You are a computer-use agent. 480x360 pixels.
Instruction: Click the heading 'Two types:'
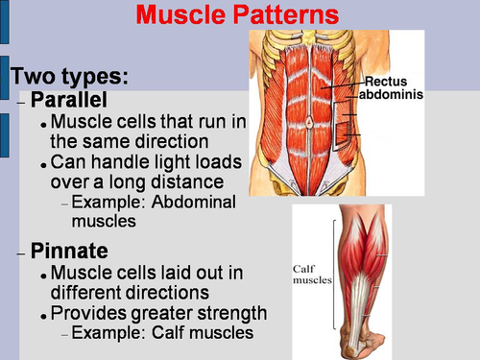point(69,77)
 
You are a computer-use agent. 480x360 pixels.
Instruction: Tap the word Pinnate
point(73,252)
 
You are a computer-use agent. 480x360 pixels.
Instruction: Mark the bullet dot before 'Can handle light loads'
point(45,163)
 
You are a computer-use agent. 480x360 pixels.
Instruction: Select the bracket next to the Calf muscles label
point(336,274)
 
